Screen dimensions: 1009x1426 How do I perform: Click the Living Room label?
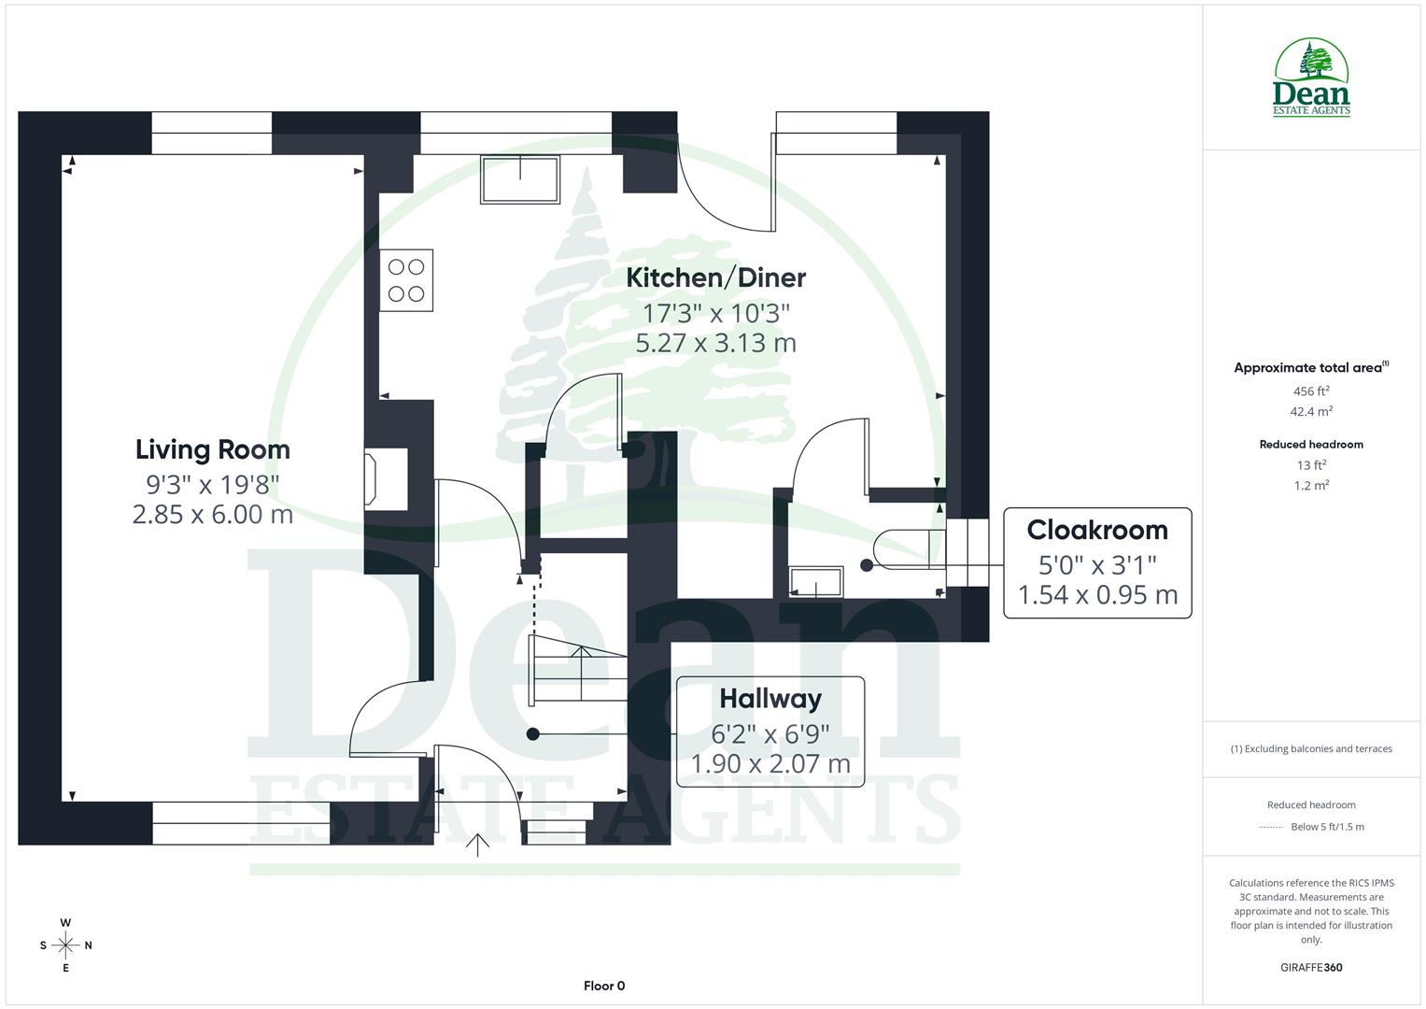[x=213, y=449]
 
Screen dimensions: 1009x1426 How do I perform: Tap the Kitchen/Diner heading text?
[x=715, y=277]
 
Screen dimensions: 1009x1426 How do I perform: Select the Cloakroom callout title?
[x=1097, y=530]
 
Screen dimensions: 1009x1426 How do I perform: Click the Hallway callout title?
[x=770, y=699]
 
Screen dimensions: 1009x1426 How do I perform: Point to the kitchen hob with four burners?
[x=406, y=280]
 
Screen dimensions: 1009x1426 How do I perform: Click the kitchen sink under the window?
[x=520, y=179]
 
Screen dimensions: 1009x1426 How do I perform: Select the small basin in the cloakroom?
[x=815, y=581]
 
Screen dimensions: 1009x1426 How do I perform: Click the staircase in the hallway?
[x=576, y=669]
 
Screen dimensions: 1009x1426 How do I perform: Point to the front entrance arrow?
[x=477, y=844]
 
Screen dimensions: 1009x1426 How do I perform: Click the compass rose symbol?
[x=65, y=945]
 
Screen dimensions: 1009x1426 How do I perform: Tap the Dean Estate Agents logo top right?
[x=1311, y=78]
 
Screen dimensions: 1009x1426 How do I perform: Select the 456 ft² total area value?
[x=1311, y=391]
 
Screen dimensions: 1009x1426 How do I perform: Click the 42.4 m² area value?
[x=1311, y=411]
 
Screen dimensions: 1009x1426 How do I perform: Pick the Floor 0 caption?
[x=604, y=986]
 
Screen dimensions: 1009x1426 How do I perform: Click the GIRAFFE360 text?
[x=1311, y=967]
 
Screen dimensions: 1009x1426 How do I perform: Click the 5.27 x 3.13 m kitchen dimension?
[x=715, y=343]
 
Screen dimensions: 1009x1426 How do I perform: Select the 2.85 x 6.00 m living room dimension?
[x=213, y=514]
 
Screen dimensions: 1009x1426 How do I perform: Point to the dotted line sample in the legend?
[x=1271, y=827]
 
